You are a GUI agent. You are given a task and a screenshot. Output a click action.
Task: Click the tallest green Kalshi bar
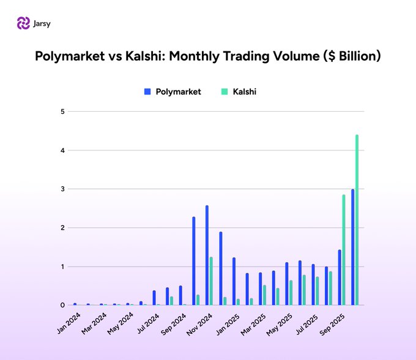tap(357, 220)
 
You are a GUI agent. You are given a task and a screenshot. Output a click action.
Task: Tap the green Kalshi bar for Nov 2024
tap(211, 281)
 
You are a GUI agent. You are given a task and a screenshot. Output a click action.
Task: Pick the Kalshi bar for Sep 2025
tap(344, 250)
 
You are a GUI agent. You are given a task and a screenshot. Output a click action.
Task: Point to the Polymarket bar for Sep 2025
tap(340, 277)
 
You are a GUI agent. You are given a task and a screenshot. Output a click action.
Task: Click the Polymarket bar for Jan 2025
tap(234, 281)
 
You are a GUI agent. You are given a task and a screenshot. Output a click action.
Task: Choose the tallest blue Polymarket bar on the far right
tap(352, 247)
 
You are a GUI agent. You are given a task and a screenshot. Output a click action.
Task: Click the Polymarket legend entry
tap(178, 92)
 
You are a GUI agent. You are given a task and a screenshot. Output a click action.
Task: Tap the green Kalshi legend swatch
tap(225, 92)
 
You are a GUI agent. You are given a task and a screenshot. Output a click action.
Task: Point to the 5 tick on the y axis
tap(62, 111)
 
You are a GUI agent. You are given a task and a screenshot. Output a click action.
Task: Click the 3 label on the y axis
tap(62, 189)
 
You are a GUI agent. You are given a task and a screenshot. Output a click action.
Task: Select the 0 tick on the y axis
tap(62, 305)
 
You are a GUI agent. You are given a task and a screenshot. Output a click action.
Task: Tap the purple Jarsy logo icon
tap(23, 23)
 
